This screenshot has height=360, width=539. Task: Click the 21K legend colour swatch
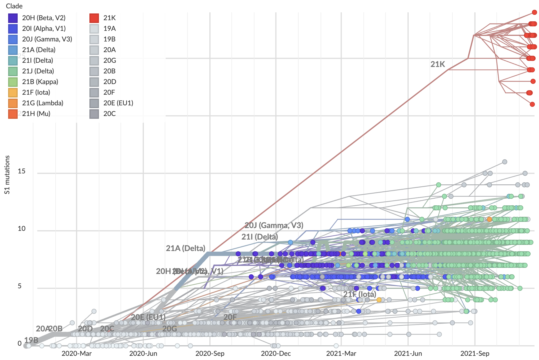point(94,18)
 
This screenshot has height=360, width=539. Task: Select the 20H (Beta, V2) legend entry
point(44,18)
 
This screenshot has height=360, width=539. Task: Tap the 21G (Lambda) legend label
point(43,103)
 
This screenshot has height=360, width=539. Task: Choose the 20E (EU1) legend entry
point(118,103)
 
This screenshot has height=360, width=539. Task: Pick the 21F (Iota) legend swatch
point(13,92)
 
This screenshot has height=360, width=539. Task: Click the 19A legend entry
point(109,29)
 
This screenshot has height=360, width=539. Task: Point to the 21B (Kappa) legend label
point(40,82)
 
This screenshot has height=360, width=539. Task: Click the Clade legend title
point(14,6)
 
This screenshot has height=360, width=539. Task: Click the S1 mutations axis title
point(7,175)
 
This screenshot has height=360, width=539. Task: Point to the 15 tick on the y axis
point(22,171)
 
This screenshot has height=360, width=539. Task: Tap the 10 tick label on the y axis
point(22,229)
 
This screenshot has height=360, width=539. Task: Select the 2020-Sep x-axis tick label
point(210,354)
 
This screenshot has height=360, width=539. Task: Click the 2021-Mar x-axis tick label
point(341,354)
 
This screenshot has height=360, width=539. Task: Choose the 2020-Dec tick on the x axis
point(276,354)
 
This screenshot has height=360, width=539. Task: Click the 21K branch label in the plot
point(438,64)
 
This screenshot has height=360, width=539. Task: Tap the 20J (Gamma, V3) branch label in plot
point(274,225)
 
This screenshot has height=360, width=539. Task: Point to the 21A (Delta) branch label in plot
point(186,248)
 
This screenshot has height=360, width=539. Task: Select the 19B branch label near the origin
point(31,340)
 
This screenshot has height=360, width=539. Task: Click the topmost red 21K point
point(535,12)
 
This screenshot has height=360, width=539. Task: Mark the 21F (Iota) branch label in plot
point(360,294)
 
